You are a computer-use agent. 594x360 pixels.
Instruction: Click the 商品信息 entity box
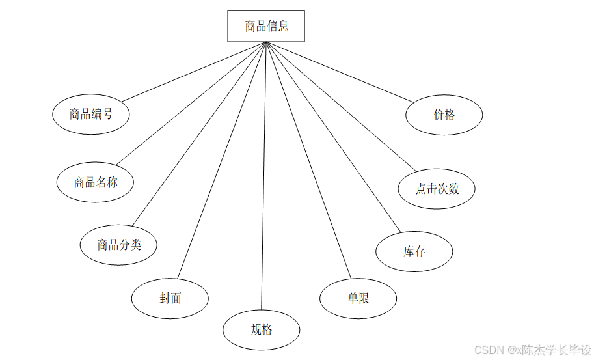pos(266,27)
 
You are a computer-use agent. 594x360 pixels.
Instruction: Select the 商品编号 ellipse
pos(91,115)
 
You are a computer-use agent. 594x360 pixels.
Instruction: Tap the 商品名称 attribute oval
pos(95,182)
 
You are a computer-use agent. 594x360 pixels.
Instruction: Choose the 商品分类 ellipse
pos(118,245)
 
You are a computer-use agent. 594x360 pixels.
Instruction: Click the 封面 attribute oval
pos(170,299)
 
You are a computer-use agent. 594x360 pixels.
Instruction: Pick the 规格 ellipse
pos(261,330)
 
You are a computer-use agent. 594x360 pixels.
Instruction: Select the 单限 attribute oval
pos(358,299)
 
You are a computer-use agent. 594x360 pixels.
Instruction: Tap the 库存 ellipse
pos(414,251)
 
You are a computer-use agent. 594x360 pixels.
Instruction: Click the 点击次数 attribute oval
pos(437,189)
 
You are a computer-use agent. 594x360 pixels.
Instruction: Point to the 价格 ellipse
pos(444,115)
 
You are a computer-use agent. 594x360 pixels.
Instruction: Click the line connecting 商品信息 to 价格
pos(340,72)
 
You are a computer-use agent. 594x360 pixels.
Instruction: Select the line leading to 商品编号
pos(194,72)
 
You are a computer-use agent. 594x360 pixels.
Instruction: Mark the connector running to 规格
pos(263,176)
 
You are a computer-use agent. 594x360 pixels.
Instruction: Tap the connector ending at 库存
pos(332,137)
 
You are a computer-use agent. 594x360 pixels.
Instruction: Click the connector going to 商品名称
pos(191,103)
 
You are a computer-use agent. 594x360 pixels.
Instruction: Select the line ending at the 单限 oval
pos(307,159)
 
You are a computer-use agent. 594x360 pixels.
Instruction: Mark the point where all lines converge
pos(266,42)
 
